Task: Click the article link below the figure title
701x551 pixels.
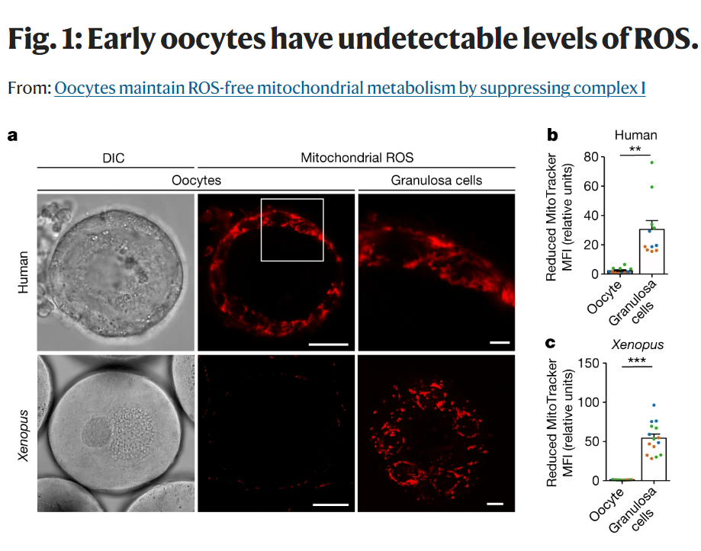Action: pyautogui.click(x=350, y=88)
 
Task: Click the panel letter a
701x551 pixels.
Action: pyautogui.click(x=12, y=136)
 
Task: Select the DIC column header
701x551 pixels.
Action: pyautogui.click(x=114, y=158)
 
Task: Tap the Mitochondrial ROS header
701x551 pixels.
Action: pyautogui.click(x=357, y=158)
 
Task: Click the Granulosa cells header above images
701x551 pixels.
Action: pyautogui.click(x=436, y=181)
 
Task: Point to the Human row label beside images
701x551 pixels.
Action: pyautogui.click(x=23, y=272)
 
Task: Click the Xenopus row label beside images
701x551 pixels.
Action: pyautogui.click(x=23, y=435)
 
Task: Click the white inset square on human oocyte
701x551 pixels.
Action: pyautogui.click(x=261, y=230)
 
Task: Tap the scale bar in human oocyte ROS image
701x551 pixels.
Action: pyautogui.click(x=329, y=344)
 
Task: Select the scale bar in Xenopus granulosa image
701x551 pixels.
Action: pyautogui.click(x=495, y=504)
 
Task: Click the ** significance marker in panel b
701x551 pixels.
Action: pyautogui.click(x=635, y=149)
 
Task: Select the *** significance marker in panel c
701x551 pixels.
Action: pyautogui.click(x=637, y=360)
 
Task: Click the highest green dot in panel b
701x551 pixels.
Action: pyautogui.click(x=652, y=162)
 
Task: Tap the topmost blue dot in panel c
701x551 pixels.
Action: pyautogui.click(x=654, y=405)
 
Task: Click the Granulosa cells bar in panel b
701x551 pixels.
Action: pyautogui.click(x=652, y=251)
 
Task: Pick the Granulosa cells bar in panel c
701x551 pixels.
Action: pyautogui.click(x=654, y=459)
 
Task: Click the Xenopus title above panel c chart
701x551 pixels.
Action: pyautogui.click(x=638, y=344)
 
